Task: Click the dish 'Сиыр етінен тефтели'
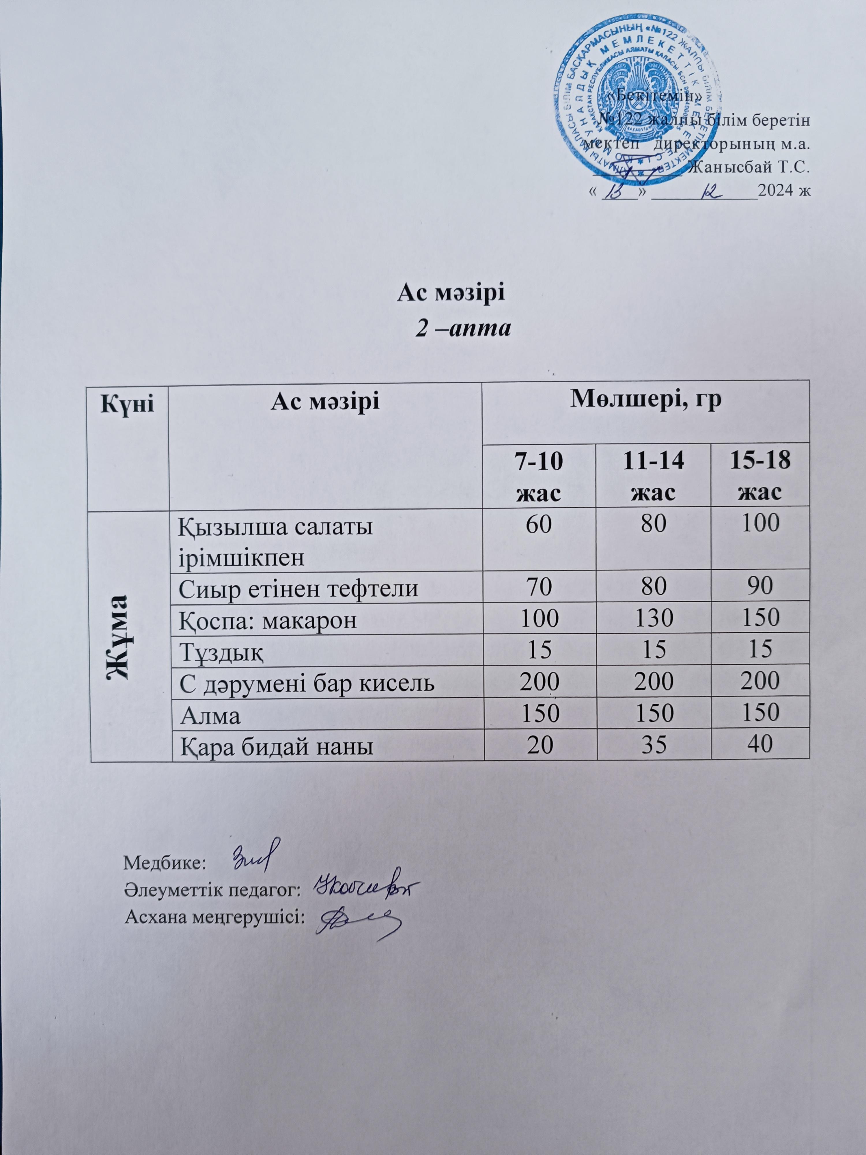coord(298,588)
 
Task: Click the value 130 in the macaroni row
coord(654,618)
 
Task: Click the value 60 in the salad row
coord(539,523)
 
